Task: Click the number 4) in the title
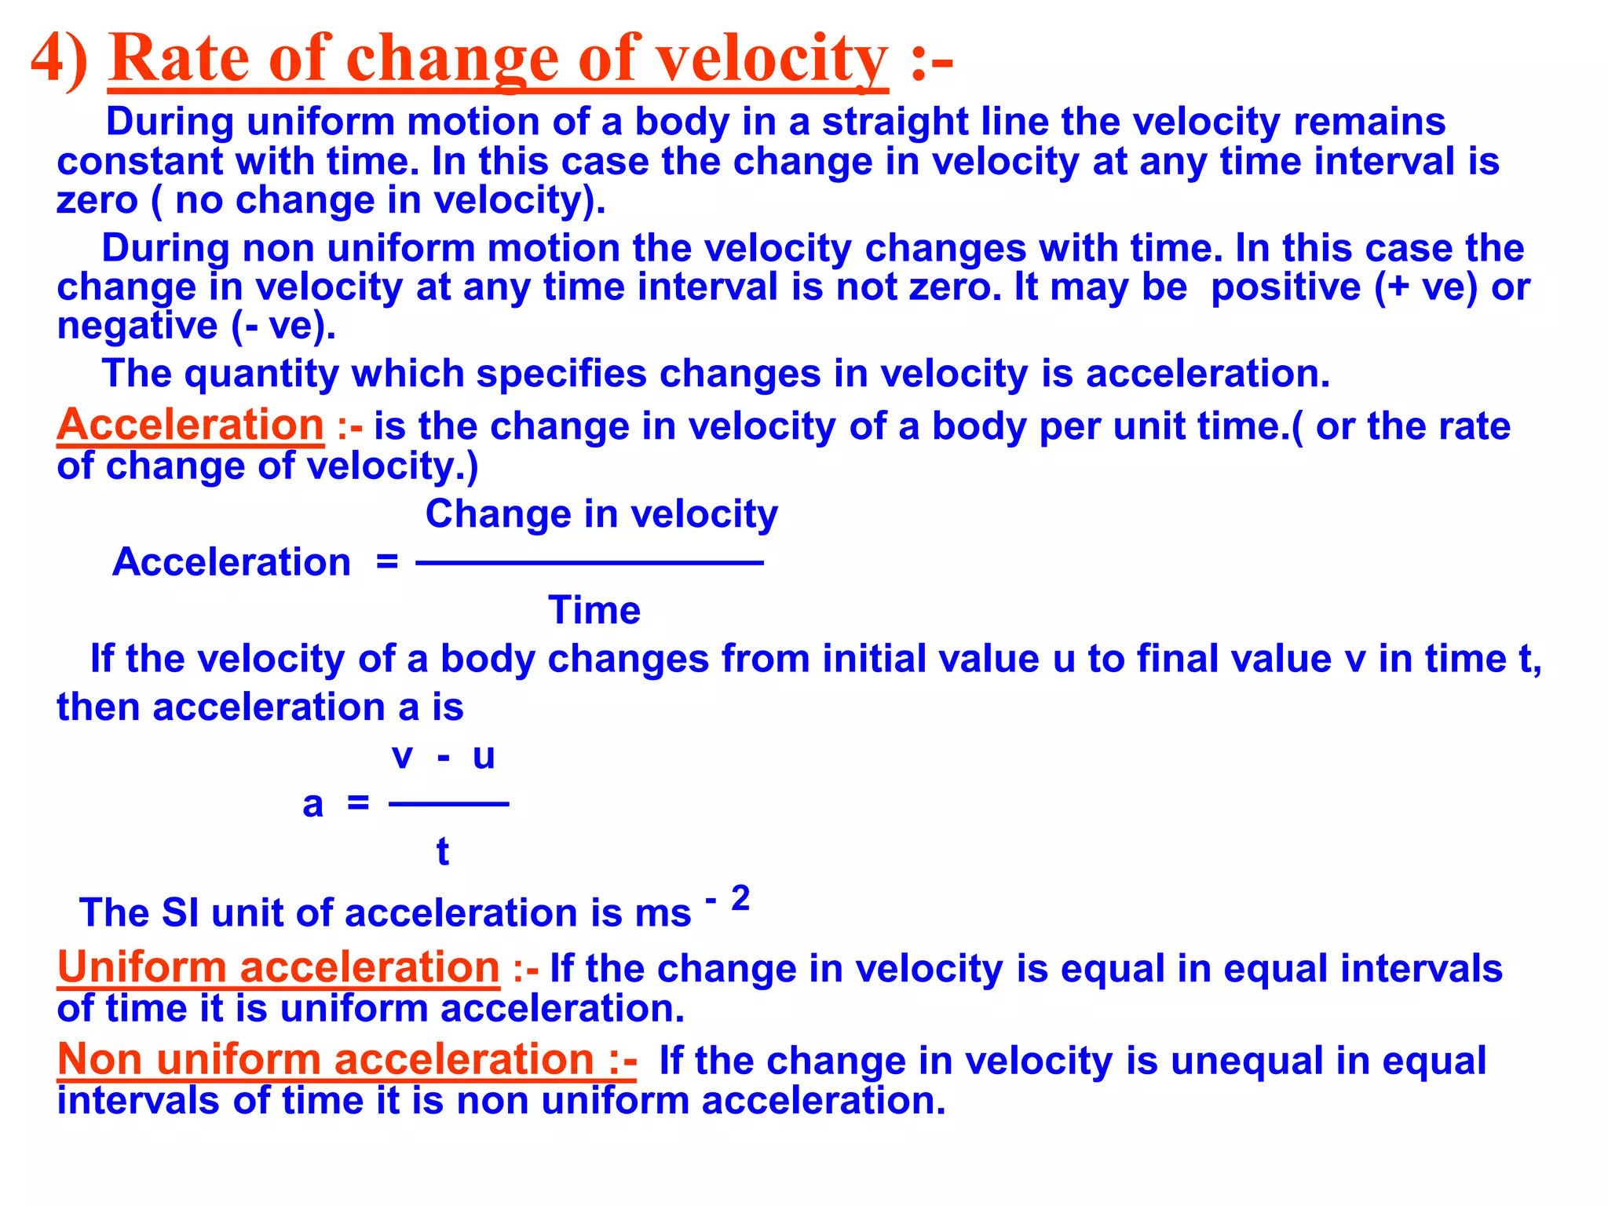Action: [59, 59]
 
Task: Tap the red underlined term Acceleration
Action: [190, 426]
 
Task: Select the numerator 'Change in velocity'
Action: [601, 515]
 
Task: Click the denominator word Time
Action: [594, 611]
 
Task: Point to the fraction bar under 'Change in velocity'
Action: [589, 562]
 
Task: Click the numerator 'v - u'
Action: [444, 756]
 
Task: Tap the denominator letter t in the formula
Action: [443, 852]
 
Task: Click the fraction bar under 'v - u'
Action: [448, 804]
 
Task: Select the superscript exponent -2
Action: [729, 898]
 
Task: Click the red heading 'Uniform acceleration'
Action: [279, 967]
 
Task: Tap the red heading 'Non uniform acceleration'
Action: [346, 1060]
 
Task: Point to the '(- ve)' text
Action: [283, 326]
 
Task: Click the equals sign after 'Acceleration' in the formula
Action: [387, 562]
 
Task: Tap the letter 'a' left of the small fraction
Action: [312, 805]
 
